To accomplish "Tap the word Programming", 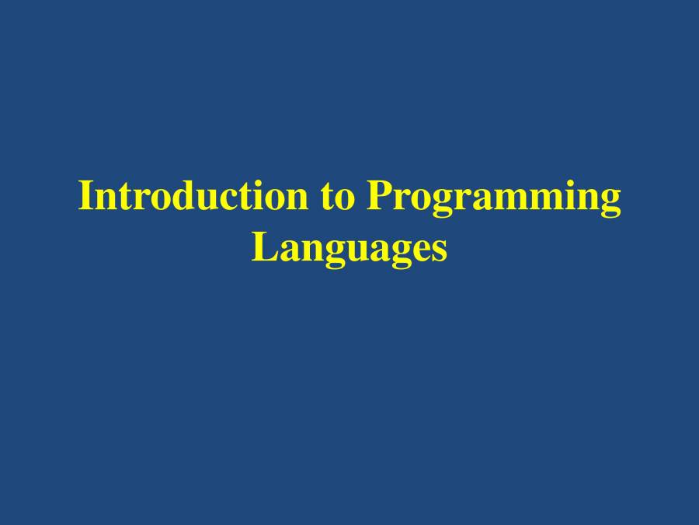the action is click(493, 199).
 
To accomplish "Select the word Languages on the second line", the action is click(349, 250).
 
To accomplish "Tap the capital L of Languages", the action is click(265, 247).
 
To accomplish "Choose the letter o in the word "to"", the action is click(345, 200).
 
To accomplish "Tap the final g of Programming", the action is click(610, 204).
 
